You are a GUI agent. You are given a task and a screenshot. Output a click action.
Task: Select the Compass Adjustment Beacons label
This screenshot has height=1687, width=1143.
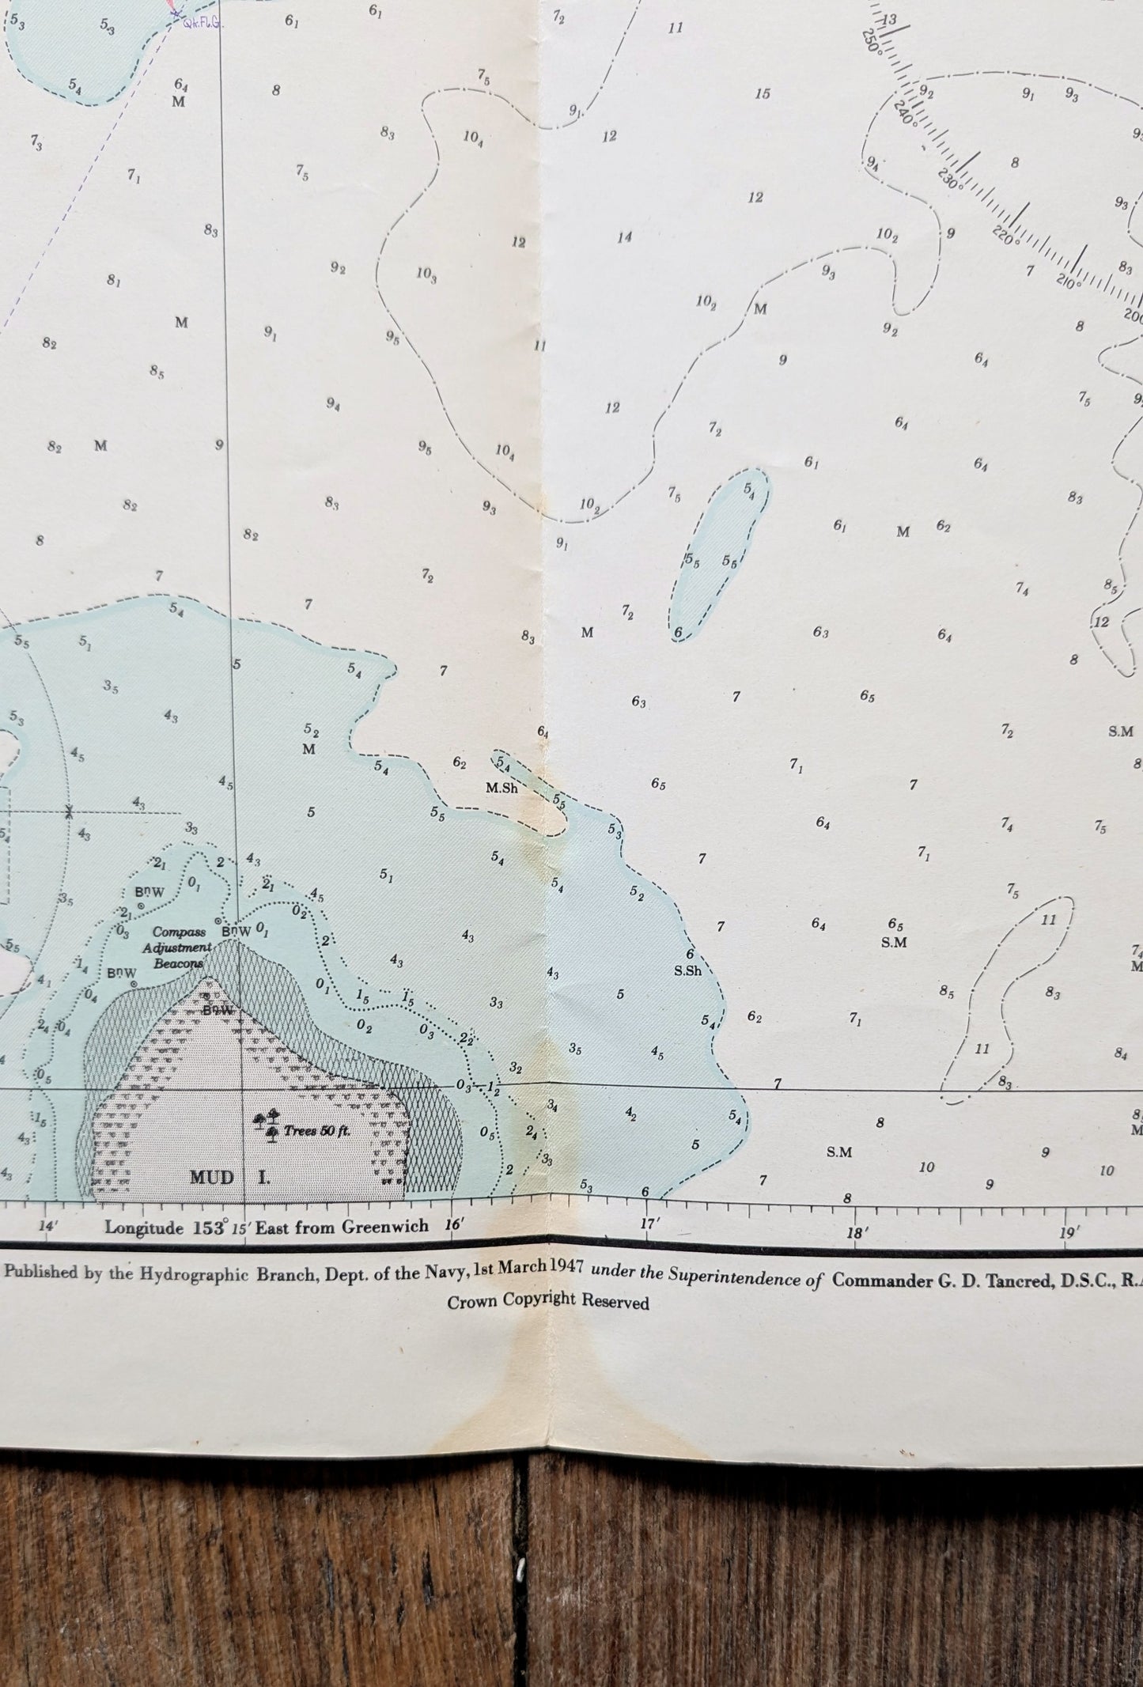(183, 948)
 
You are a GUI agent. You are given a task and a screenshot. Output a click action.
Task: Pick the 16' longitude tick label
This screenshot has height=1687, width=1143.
(453, 1225)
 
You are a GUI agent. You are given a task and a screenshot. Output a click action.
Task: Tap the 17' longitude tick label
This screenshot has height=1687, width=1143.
(649, 1224)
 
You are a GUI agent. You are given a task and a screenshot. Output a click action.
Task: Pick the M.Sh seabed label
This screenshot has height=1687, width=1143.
(501, 788)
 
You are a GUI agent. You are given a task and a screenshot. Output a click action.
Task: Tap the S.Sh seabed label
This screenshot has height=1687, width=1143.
(688, 971)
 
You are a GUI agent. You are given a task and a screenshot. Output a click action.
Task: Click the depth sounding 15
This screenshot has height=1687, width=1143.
(762, 94)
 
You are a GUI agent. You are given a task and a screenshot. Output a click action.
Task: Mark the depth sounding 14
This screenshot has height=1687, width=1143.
(625, 237)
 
